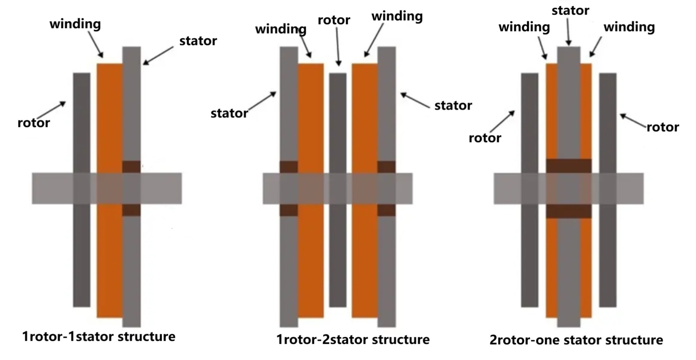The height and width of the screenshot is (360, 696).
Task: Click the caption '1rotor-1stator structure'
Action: coord(99,337)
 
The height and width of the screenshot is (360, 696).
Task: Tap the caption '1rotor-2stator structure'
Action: coord(353,340)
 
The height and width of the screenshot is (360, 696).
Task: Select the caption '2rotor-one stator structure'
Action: coord(576,340)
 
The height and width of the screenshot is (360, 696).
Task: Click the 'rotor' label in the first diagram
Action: coord(33,123)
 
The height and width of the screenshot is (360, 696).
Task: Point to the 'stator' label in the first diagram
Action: coord(198,41)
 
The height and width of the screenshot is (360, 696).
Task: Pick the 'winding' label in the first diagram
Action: coord(75,24)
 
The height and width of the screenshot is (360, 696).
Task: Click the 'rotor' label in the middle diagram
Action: coord(334,20)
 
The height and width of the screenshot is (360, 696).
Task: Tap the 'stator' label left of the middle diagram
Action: coord(229,113)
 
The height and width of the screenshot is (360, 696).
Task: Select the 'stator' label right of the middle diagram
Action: coord(453,105)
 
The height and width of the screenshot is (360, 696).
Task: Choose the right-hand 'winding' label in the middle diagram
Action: coord(397,17)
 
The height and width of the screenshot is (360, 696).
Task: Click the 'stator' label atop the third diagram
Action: coord(570,10)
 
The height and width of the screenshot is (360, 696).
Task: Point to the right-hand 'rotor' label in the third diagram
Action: coord(663,127)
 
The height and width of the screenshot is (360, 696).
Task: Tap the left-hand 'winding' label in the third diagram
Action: coord(524,27)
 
